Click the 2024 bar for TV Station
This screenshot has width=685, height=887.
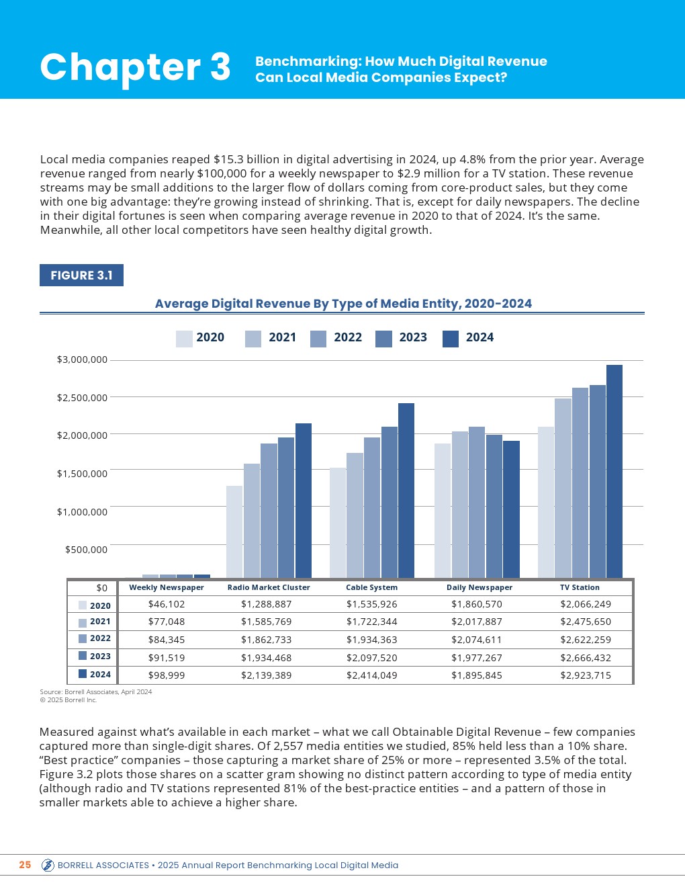(614, 470)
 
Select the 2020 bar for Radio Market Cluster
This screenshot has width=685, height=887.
(234, 531)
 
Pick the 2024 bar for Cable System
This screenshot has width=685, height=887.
(406, 490)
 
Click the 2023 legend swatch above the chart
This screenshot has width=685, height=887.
(383, 338)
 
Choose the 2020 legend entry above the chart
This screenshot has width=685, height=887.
(200, 338)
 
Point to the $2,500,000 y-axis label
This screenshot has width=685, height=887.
(82, 398)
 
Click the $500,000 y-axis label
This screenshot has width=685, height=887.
(86, 550)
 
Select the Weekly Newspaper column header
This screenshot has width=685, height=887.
(167, 587)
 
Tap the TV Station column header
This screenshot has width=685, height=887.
(580, 587)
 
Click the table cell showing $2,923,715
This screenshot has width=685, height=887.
(586, 675)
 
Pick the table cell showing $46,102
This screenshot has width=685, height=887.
(167, 604)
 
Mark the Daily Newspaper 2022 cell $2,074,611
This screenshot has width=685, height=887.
(477, 640)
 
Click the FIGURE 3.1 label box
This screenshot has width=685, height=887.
(81, 276)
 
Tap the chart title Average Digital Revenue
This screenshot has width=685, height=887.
(343, 304)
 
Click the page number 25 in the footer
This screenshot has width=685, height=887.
(25, 865)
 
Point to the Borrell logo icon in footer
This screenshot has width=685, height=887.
(48, 865)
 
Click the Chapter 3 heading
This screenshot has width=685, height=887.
(135, 67)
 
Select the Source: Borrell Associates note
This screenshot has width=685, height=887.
(96, 691)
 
